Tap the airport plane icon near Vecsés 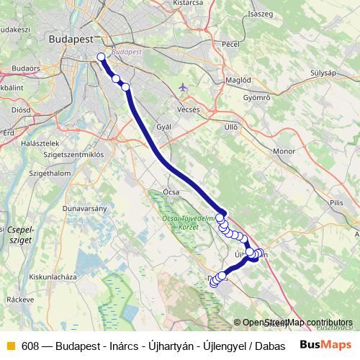[x=183, y=87]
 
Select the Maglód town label [x=238, y=80]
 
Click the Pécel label [x=230, y=44]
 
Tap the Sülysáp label [x=324, y=73]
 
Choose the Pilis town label [x=337, y=204]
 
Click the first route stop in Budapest [x=101, y=57]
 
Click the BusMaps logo [x=326, y=344]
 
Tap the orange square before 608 [x=10, y=345]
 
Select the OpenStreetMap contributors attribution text [x=297, y=323]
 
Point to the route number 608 [x=30, y=345]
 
